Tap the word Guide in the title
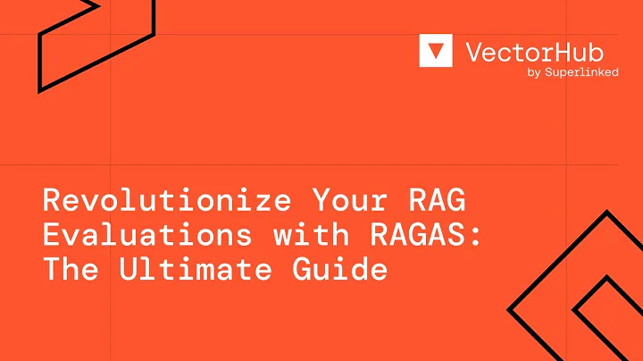tap(345, 269)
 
